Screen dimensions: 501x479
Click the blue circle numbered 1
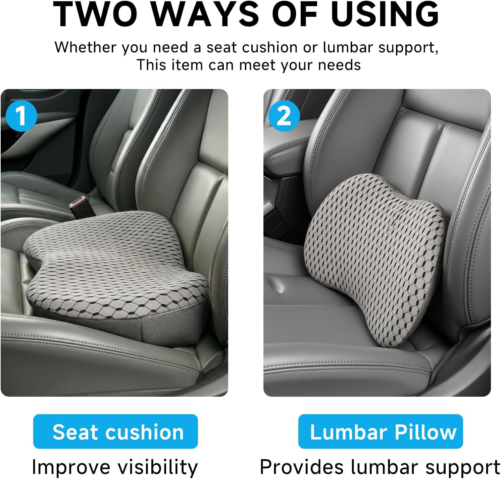pos(21,116)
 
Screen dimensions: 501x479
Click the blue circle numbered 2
pos(284,116)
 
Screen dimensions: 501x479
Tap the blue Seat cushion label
pos(115,432)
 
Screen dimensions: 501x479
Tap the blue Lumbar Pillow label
pos(381,432)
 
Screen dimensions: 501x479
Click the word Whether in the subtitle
pos(86,47)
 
